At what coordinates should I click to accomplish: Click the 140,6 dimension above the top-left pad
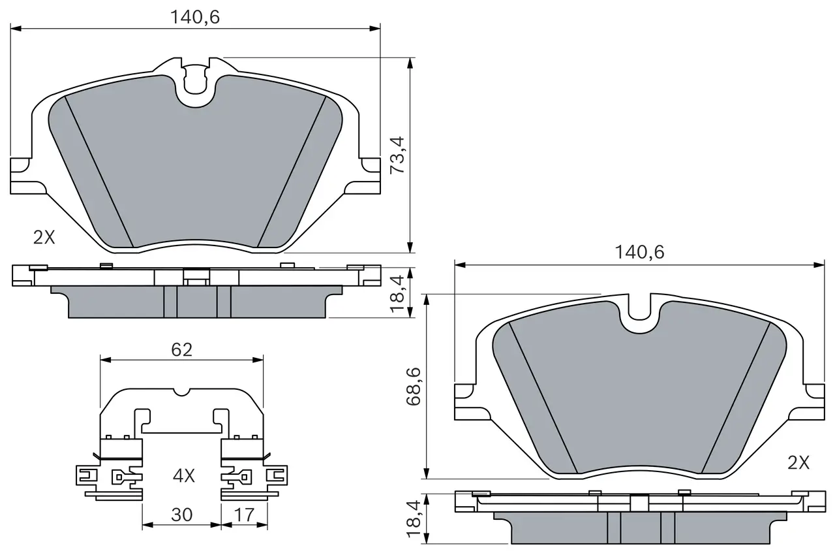(195, 17)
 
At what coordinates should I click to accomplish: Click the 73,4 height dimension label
(397, 155)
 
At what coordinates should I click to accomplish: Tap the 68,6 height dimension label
(414, 387)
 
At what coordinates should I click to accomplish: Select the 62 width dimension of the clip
(181, 349)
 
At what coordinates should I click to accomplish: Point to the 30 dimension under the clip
(181, 515)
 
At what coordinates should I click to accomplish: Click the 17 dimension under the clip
(244, 515)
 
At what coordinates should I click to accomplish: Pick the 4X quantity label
(184, 475)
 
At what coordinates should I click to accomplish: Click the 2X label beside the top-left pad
(44, 237)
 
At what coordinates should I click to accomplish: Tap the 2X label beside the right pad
(798, 463)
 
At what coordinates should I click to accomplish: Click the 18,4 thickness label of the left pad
(397, 294)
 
